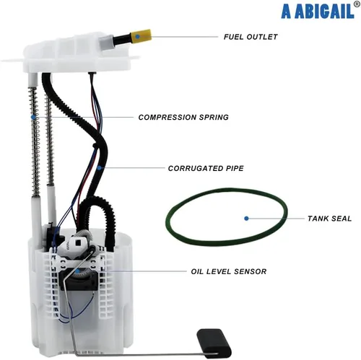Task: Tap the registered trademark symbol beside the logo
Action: pyautogui.click(x=357, y=4)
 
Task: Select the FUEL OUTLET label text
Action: pyautogui.click(x=251, y=37)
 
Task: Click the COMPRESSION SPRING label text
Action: pyautogui.click(x=183, y=117)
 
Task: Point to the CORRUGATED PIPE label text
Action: pyautogui.click(x=206, y=168)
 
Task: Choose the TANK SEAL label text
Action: pyautogui.click(x=329, y=219)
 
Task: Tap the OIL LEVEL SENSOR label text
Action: pyautogui.click(x=229, y=271)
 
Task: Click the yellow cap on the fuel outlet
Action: pyautogui.click(x=142, y=36)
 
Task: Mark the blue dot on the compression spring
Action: pyautogui.click(x=33, y=117)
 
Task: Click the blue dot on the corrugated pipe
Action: pyautogui.click(x=99, y=168)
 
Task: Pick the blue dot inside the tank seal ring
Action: pyautogui.click(x=246, y=219)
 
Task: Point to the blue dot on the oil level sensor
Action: pyautogui.click(x=77, y=271)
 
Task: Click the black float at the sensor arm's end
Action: pyautogui.click(x=214, y=343)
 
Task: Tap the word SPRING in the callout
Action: pyautogui.click(x=214, y=117)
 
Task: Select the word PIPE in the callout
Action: pyautogui.click(x=235, y=168)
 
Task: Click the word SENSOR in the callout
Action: pyautogui.click(x=251, y=271)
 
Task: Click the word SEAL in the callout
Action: pyautogui.click(x=342, y=219)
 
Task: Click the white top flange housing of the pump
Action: pyautogui.click(x=77, y=53)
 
